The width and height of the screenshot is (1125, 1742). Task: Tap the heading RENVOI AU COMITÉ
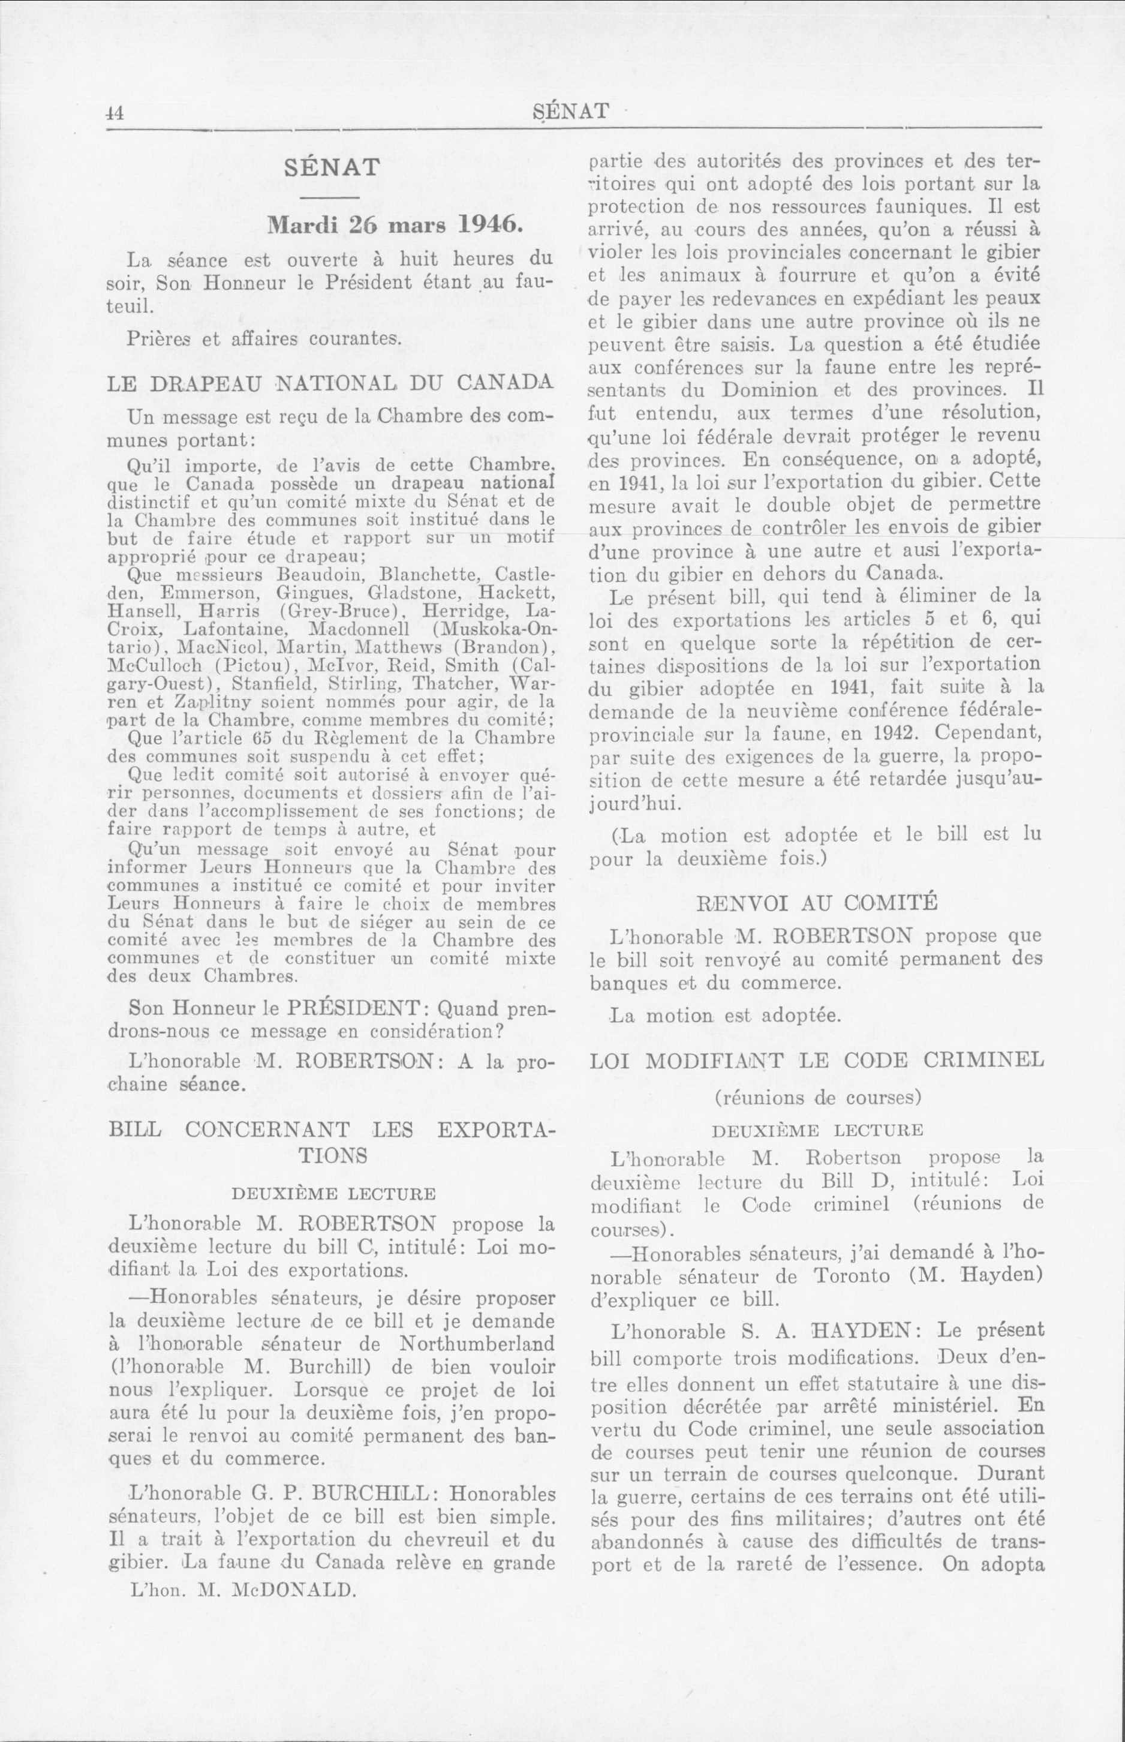817,902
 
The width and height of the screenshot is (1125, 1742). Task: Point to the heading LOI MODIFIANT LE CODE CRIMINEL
816,1060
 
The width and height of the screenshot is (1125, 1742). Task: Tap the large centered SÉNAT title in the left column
331,167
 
